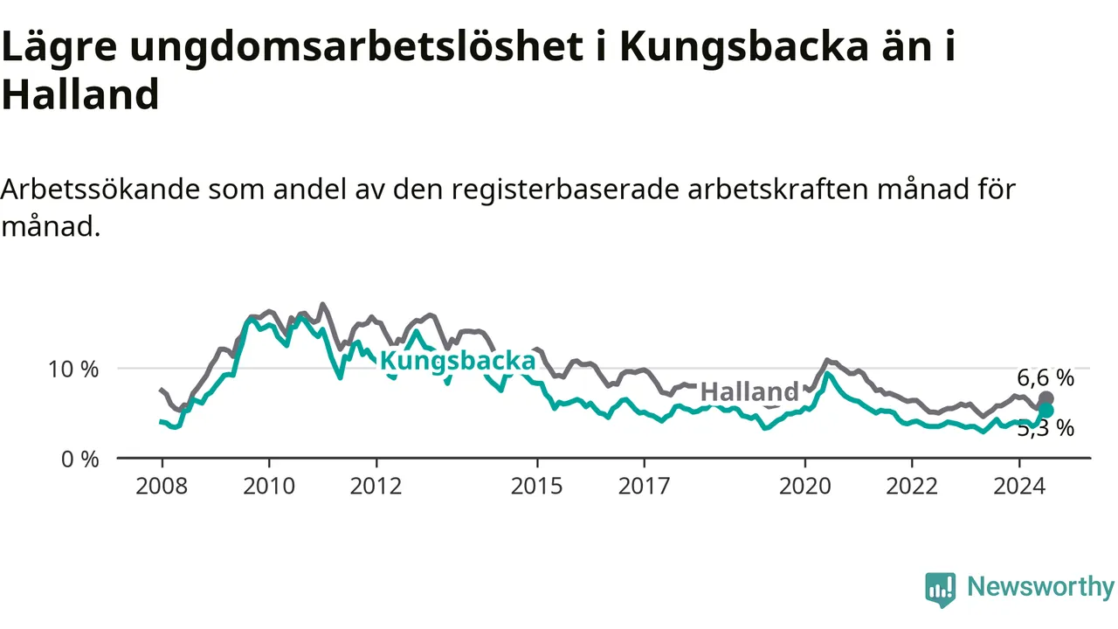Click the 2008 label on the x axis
coord(162,487)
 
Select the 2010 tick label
coord(269,487)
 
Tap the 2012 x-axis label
coord(376,487)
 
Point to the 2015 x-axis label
coord(536,487)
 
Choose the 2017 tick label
coord(644,487)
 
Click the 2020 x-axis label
coord(805,487)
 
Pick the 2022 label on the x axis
coord(912,487)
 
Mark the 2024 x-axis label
coord(1019,487)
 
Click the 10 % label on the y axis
coord(73,370)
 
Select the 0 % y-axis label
coord(79,460)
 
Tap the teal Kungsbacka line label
coord(458,362)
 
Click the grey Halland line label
coord(749,392)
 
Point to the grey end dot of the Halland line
coord(1046,399)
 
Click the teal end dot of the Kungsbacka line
coord(1046,411)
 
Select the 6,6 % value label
coord(1046,378)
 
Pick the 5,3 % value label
coord(1046,429)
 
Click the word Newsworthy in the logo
coord(1040,587)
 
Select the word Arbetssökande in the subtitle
coord(100,190)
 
